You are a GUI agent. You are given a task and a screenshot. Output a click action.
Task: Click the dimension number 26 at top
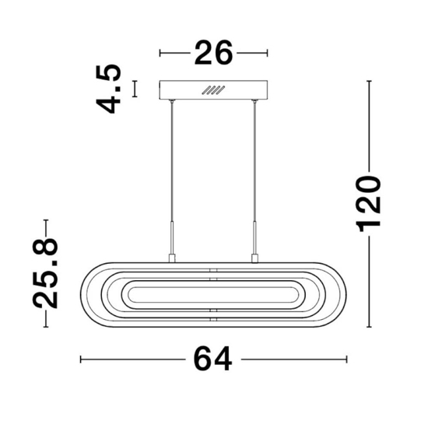point(213,53)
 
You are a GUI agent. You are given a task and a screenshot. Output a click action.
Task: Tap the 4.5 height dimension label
point(108,89)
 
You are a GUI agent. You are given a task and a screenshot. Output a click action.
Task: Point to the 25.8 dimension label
point(45,273)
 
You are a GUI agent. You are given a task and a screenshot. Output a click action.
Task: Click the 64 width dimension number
point(213,359)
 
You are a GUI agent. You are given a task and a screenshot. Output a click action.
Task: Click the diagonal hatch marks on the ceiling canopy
point(213,89)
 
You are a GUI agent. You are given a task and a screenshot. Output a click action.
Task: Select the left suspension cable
point(172,161)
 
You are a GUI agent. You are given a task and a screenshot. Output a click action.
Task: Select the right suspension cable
point(254,161)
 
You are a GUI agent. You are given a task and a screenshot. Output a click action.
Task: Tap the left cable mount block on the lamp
point(172,258)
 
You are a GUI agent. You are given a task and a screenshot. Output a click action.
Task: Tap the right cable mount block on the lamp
point(254,258)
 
